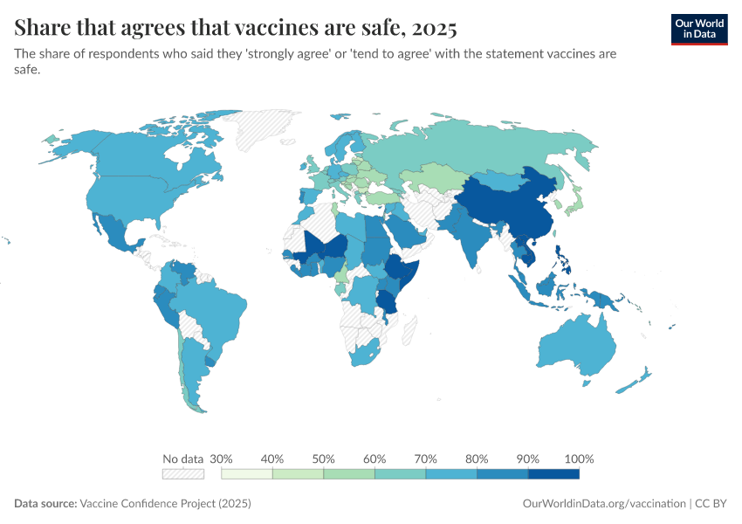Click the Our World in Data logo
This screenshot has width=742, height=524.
click(698, 29)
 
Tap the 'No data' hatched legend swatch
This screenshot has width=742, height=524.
click(182, 474)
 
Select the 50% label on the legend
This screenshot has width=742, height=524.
click(324, 458)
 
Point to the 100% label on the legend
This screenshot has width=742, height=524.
click(579, 458)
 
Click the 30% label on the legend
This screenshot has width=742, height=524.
click(222, 458)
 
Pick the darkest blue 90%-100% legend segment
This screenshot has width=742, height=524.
click(553, 474)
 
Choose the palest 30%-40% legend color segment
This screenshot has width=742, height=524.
click(247, 474)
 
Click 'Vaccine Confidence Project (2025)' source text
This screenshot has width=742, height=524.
click(165, 504)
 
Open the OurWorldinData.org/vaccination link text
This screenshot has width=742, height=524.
click(603, 504)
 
